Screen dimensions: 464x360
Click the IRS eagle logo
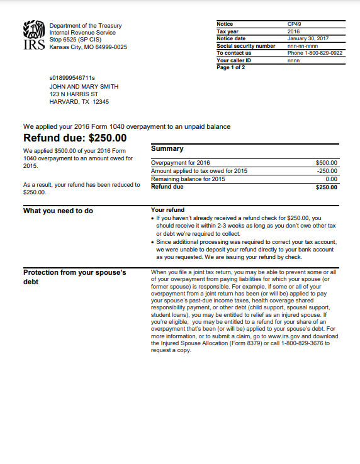pos(34,35)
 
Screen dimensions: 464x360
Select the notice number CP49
pos(295,24)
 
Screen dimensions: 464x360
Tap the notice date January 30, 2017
pos(308,38)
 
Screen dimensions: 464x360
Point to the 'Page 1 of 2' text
pos(231,67)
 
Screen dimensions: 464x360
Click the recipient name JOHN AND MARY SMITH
pos(84,87)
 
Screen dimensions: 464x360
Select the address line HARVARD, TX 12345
pos(79,102)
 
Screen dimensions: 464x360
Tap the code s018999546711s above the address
pos(72,78)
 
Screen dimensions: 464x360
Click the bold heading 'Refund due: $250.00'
pos(75,138)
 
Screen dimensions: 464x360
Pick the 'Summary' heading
pos(167,149)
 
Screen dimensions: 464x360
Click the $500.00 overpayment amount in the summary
pos(327,163)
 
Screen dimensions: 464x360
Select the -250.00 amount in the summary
pos(327,171)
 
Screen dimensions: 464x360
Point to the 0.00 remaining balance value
pos(332,179)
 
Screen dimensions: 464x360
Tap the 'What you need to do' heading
pos(58,211)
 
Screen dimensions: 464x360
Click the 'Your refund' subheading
pos(168,210)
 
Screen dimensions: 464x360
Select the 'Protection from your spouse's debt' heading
pos(75,277)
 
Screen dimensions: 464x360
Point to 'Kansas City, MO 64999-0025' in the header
pos(88,47)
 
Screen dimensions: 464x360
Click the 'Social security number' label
pos(246,46)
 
